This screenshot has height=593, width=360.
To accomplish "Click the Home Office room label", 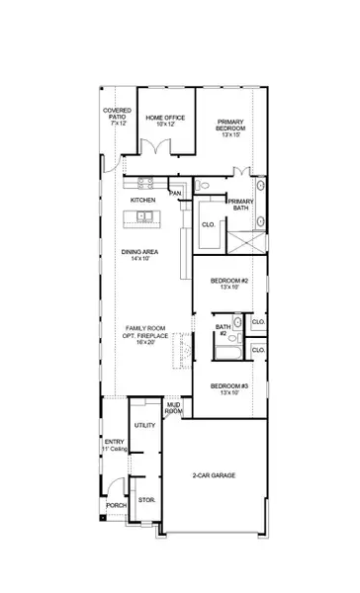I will pyautogui.click(x=165, y=121).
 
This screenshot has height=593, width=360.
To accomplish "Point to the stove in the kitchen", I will pyautogui.click(x=143, y=182).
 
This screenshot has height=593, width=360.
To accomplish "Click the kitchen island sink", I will pyautogui.click(x=144, y=214).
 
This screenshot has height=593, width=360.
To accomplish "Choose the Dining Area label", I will pyautogui.click(x=140, y=254).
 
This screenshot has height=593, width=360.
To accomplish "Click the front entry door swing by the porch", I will pyautogui.click(x=119, y=485).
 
